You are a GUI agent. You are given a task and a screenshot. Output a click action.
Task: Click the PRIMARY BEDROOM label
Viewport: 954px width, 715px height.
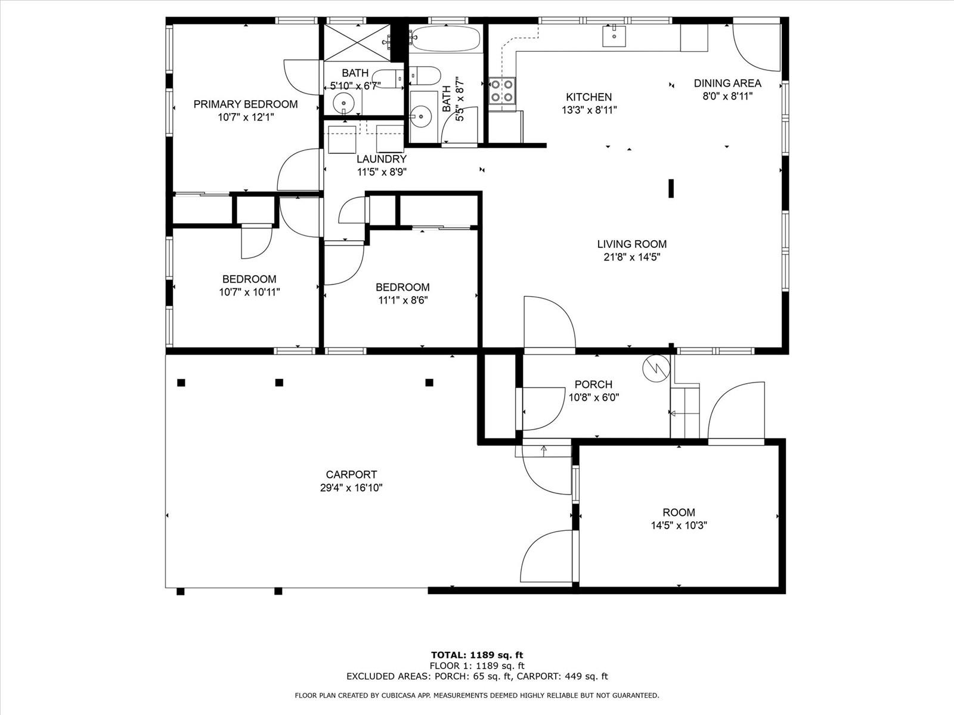coord(246,104)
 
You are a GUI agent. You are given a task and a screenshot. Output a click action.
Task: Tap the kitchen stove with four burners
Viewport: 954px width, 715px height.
coord(502,91)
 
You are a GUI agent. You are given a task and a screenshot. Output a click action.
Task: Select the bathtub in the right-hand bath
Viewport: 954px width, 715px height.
coord(445,39)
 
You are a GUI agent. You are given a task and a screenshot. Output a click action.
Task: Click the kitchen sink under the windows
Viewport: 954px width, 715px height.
coord(614,36)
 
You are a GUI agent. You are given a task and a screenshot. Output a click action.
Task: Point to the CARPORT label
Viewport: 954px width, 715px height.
coord(351,474)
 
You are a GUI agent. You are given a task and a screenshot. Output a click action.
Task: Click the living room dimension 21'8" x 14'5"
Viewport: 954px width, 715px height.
coord(632,257)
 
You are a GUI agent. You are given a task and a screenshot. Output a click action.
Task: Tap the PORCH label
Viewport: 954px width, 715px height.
coord(593,384)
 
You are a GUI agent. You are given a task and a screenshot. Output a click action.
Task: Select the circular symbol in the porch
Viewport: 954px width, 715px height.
coord(656,369)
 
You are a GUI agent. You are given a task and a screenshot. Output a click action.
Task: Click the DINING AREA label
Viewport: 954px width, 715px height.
coord(727,83)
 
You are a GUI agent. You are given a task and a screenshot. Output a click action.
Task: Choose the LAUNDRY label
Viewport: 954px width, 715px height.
coord(382,159)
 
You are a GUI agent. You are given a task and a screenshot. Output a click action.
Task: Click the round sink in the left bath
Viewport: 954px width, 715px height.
coord(344,103)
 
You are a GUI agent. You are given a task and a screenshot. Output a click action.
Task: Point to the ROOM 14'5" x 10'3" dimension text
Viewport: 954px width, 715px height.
coord(679,526)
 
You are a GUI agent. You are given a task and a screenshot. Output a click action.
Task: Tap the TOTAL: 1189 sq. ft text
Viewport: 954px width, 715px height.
coord(477,655)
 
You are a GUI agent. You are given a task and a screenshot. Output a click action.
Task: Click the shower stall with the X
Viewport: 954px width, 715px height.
coord(357,42)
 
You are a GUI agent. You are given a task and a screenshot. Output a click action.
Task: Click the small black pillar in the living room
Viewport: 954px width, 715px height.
coord(671,188)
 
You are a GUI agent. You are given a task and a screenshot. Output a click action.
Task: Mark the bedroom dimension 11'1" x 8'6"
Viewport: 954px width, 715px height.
coord(403,300)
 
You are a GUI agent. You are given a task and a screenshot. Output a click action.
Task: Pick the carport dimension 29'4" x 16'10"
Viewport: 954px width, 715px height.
coord(351,487)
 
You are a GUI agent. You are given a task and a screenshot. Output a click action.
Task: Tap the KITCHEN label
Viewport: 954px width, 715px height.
coord(589,97)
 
